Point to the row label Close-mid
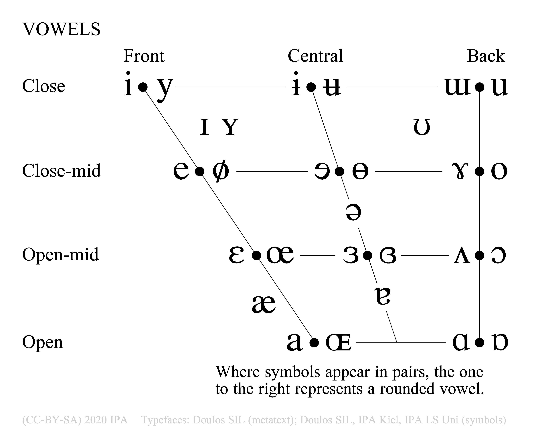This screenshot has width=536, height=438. (x=62, y=171)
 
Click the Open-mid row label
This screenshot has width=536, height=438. (x=61, y=255)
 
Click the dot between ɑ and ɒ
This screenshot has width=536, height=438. (x=479, y=343)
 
